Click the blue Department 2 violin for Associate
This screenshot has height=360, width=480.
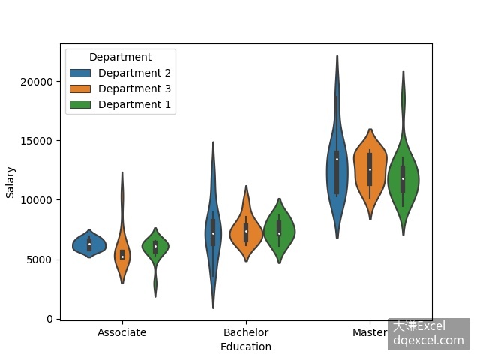click(x=89, y=244)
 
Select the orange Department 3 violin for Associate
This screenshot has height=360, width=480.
click(x=122, y=254)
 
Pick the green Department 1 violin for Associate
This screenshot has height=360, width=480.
click(x=155, y=247)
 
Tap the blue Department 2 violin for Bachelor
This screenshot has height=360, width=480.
click(x=213, y=232)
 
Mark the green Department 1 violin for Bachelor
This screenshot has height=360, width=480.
click(x=279, y=232)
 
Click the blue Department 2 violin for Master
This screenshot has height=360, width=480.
click(x=337, y=165)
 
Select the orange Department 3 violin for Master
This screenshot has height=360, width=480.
click(x=370, y=172)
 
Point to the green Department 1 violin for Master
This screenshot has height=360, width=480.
click(x=403, y=181)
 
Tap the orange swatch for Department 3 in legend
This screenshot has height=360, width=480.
click(x=80, y=88)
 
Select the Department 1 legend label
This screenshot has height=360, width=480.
click(x=134, y=104)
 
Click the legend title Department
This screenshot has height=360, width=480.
click(x=120, y=57)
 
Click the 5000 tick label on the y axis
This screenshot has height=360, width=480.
click(x=39, y=259)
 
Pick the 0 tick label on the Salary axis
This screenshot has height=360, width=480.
click(x=49, y=319)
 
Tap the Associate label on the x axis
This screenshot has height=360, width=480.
click(x=121, y=332)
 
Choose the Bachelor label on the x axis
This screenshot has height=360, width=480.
click(x=246, y=332)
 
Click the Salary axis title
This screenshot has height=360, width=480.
click(x=10, y=182)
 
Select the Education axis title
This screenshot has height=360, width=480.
click(x=246, y=346)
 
